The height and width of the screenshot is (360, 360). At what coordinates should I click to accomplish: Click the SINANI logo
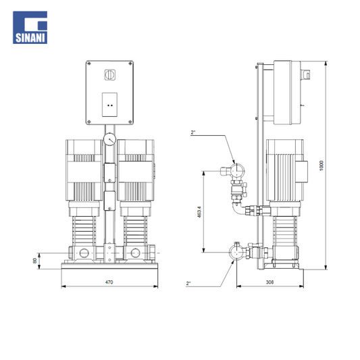click(x=30, y=27)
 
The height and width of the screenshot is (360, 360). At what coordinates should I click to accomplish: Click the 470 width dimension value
click(x=109, y=282)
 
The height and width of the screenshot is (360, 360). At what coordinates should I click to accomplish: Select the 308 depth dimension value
click(x=269, y=282)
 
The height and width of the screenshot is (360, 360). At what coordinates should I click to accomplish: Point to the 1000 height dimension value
click(x=322, y=165)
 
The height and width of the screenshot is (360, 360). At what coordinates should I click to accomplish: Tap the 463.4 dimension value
click(x=199, y=211)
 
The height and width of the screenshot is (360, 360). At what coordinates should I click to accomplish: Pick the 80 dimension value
click(x=34, y=261)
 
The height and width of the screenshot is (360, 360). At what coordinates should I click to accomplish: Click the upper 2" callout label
click(x=193, y=132)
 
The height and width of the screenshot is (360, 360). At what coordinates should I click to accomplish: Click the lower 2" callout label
click(x=188, y=283)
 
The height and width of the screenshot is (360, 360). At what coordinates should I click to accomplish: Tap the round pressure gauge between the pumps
click(x=109, y=139)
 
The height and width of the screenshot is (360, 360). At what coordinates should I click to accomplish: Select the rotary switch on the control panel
click(x=109, y=75)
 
